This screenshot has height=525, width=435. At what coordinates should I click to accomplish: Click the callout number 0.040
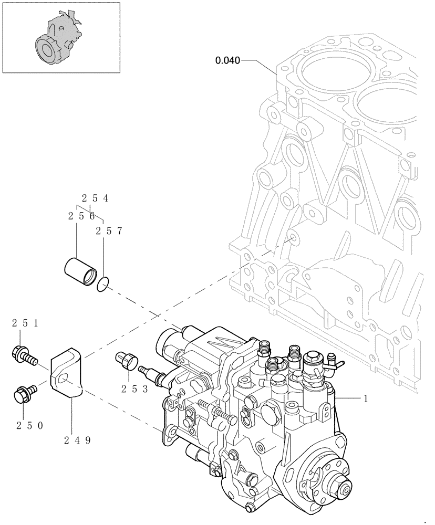pyautogui.click(x=227, y=61)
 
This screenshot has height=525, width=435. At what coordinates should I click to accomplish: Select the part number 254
pyautogui.click(x=95, y=198)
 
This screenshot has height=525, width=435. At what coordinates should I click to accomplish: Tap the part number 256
pyautogui.click(x=81, y=216)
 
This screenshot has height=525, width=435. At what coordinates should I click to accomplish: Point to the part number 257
pyautogui.click(x=109, y=230)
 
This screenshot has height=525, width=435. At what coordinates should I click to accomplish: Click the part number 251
pyautogui.click(x=25, y=324)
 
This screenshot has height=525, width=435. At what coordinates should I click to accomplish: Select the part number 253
pyautogui.click(x=134, y=389)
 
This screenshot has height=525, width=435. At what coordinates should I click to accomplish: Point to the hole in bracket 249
pyautogui.click(x=63, y=379)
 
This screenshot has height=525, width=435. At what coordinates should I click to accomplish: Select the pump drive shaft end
pyautogui.click(x=346, y=489)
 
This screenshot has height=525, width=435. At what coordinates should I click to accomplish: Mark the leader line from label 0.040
pyautogui.click(x=257, y=61)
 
